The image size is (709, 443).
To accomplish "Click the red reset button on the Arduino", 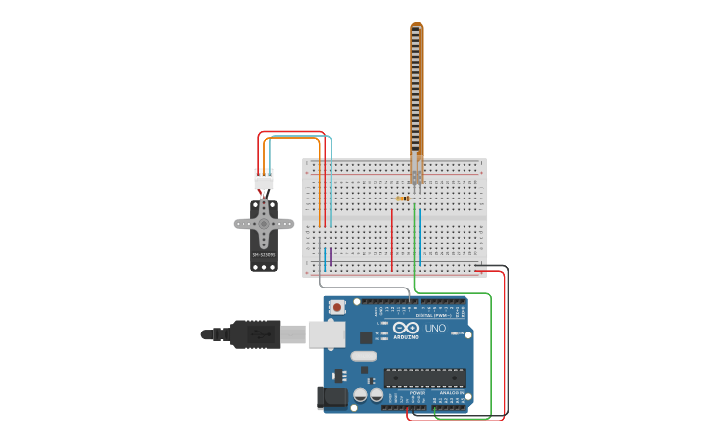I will pyautogui.click(x=337, y=307).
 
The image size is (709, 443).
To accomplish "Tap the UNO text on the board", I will pyautogui.click(x=435, y=328).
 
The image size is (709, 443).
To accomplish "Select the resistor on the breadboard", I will pyautogui.click(x=403, y=199).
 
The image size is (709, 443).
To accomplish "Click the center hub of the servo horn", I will pyautogui.click(x=263, y=224).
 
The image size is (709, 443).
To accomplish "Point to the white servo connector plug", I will pyautogui.click(x=264, y=179).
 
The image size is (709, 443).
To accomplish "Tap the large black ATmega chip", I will pyautogui.click(x=424, y=377).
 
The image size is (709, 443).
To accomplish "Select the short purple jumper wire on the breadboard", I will pyautogui.click(x=331, y=256).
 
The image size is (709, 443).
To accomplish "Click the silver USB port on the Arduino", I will pyautogui.click(x=327, y=334).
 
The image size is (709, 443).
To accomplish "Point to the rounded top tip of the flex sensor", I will pyautogui.click(x=417, y=26).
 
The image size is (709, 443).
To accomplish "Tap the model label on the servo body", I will pyautogui.click(x=264, y=255).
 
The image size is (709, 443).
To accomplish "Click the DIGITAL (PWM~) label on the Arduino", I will pyautogui.click(x=436, y=315).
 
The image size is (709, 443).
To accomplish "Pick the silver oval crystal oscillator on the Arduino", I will pyautogui.click(x=364, y=356).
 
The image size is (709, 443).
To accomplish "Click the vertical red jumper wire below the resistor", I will pyautogui.click(x=392, y=240).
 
